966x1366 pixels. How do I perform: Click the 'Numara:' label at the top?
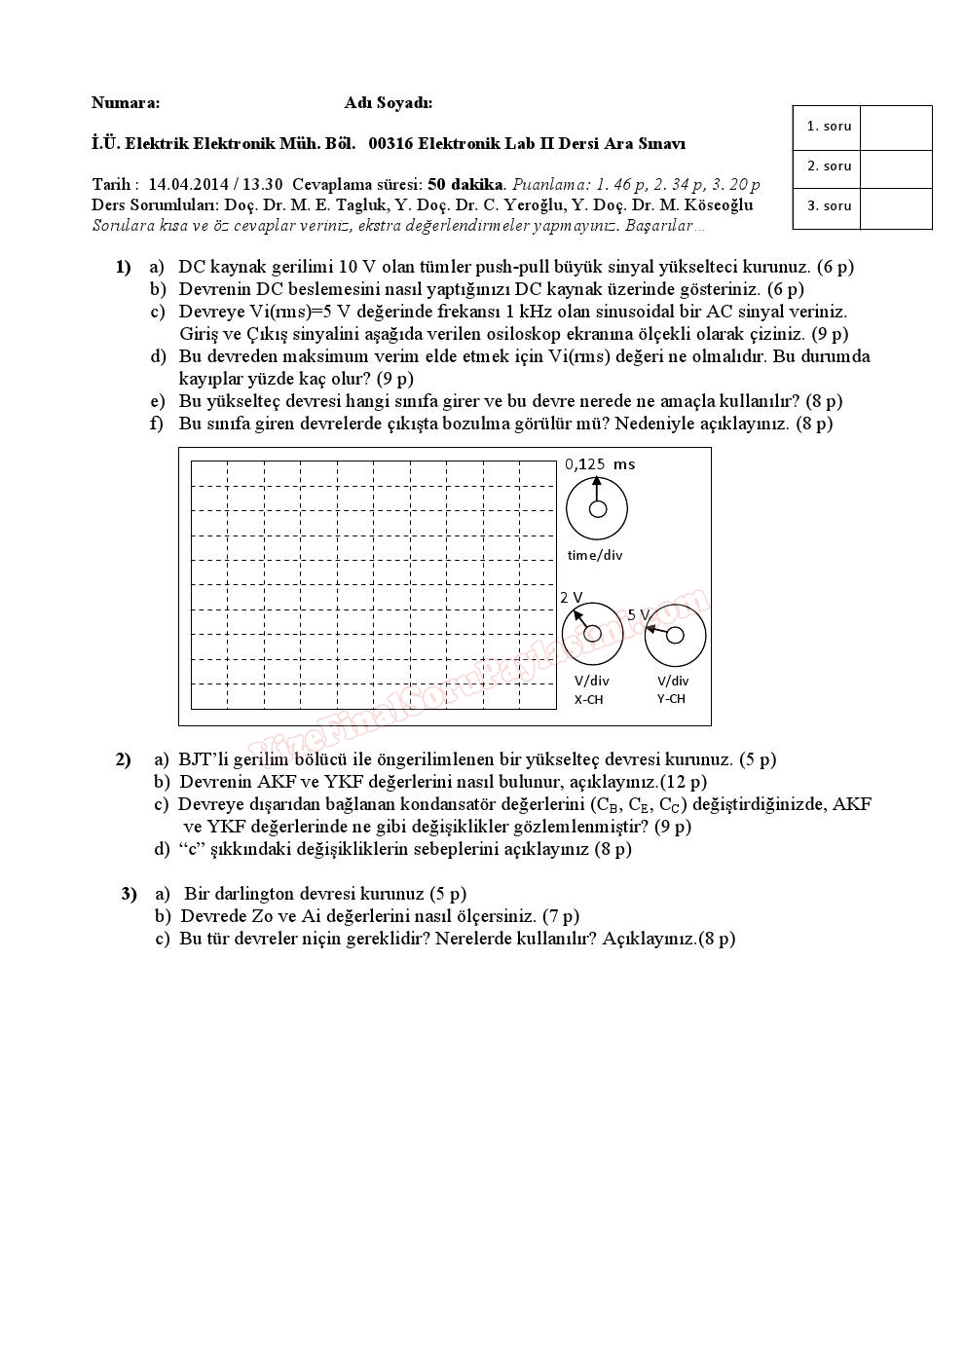click(x=126, y=102)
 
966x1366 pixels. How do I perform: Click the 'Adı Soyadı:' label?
click(x=388, y=102)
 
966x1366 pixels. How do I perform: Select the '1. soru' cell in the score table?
click(x=828, y=126)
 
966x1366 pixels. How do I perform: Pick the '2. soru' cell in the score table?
click(x=828, y=166)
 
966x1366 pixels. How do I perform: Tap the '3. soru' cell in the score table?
click(x=828, y=206)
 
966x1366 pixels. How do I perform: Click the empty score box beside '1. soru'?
click(x=896, y=127)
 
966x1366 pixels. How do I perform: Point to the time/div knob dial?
click(x=597, y=508)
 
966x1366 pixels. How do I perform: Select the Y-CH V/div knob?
click(x=675, y=636)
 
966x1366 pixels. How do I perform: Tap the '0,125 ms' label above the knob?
click(x=599, y=464)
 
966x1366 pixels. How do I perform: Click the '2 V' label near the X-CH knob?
click(x=572, y=597)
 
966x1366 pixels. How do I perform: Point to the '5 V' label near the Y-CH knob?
click(x=638, y=615)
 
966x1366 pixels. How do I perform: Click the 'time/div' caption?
click(x=594, y=555)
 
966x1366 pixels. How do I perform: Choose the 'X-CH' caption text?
click(x=588, y=699)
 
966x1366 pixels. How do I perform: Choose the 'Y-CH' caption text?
click(x=671, y=698)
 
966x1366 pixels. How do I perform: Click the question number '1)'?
click(x=123, y=267)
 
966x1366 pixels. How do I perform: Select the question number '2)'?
click(x=123, y=759)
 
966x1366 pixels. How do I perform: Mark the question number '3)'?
click(x=129, y=894)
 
